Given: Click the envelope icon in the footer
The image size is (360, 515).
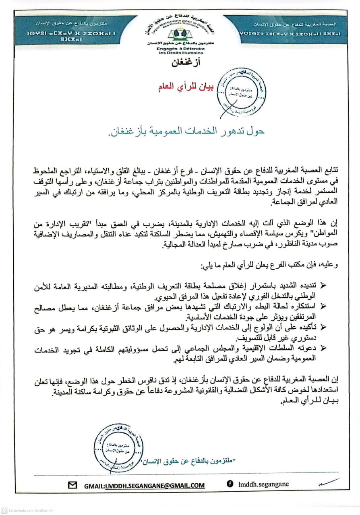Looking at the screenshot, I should [72, 485].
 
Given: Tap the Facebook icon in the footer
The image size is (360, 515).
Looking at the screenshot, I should [230, 484].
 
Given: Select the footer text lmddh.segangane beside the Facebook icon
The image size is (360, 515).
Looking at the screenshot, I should [263, 484].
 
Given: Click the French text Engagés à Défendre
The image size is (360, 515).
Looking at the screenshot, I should [180, 49].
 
